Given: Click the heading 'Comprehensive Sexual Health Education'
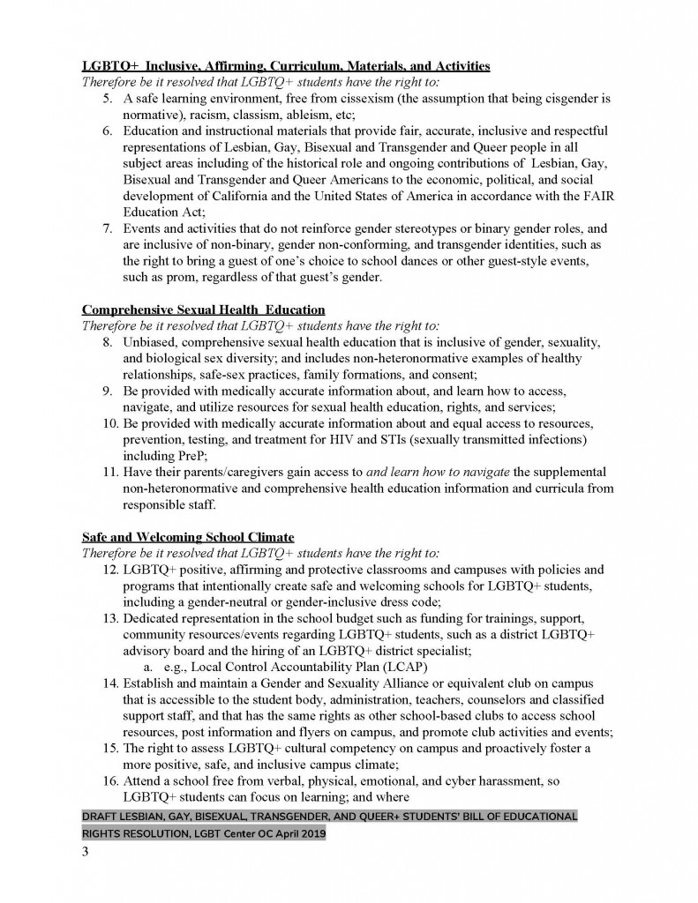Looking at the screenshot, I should [x=204, y=310].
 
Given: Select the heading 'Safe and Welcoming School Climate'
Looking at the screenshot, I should [x=188, y=536].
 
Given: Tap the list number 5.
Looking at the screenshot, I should [x=106, y=99].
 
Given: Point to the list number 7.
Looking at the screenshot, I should [x=106, y=228].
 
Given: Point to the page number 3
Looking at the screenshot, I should [x=86, y=854].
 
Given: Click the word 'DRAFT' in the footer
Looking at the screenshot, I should [x=102, y=817].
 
